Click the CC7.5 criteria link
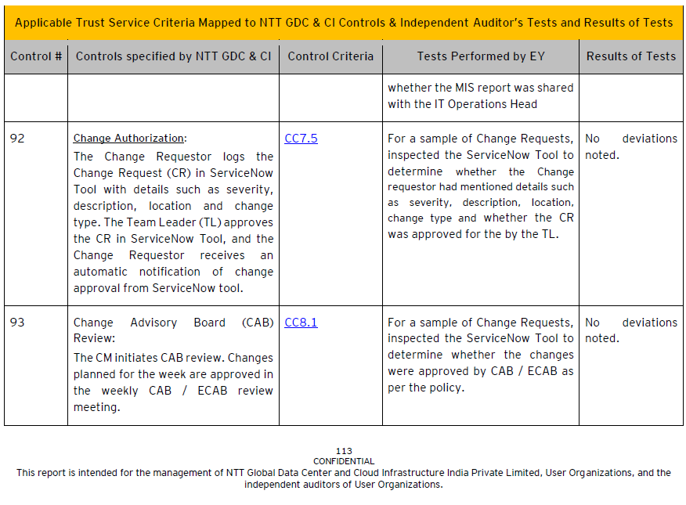(301, 139)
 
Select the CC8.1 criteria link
(301, 323)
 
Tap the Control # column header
(36, 56)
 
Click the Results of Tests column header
(630, 56)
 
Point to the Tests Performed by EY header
(480, 56)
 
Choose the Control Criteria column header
(330, 56)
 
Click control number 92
(17, 139)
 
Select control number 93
(17, 323)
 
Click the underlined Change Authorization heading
(129, 139)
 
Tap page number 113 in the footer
(344, 451)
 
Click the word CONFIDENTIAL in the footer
(344, 461)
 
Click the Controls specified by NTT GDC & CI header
(173, 56)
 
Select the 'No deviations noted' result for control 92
(630, 146)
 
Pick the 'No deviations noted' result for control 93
(630, 330)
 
